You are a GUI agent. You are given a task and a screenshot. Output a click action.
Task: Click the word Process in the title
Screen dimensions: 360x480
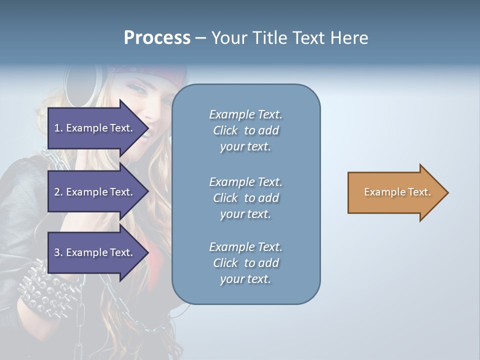[x=157, y=38]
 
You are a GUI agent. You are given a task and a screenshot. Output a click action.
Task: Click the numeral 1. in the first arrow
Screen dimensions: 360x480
[x=58, y=128]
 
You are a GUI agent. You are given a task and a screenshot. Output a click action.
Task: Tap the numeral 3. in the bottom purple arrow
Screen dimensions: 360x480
[x=58, y=252]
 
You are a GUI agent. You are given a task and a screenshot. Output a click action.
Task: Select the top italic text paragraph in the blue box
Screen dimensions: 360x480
[x=245, y=130]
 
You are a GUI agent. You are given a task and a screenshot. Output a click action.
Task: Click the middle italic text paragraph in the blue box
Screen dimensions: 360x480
[x=245, y=198]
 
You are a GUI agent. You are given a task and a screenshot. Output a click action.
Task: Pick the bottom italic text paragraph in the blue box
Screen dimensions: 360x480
[x=245, y=263]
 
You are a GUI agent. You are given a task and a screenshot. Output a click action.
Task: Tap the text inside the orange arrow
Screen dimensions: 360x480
[x=397, y=192]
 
